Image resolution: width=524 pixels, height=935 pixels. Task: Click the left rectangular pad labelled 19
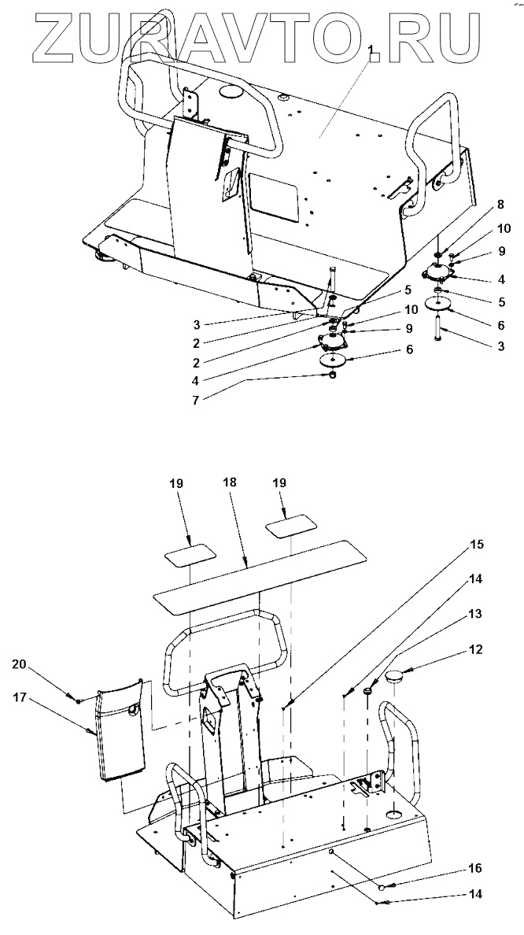point(190,553)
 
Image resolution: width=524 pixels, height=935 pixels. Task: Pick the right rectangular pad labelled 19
point(287,523)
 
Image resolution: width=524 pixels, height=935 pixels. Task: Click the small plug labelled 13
point(367,691)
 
